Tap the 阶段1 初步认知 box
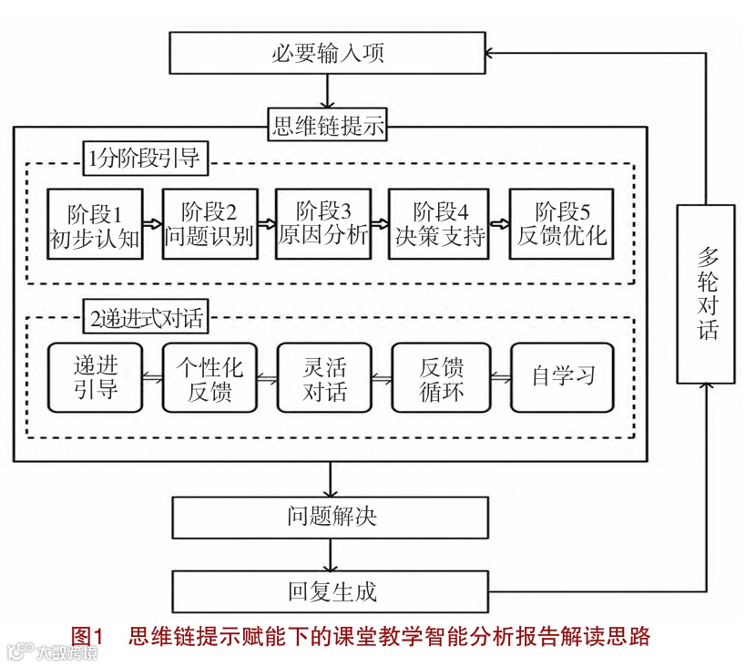(x=96, y=223)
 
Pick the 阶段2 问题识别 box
(x=209, y=223)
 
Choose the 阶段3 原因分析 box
(x=322, y=223)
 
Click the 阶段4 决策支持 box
(x=439, y=223)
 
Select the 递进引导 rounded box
(x=96, y=377)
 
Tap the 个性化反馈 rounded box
(x=209, y=377)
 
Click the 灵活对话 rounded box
(x=324, y=377)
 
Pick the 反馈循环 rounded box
(x=442, y=377)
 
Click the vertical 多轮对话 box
(x=707, y=292)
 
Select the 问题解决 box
(x=331, y=518)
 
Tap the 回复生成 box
(x=331, y=592)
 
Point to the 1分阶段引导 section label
(x=143, y=159)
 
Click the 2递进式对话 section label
(x=143, y=319)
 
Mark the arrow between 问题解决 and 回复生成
(x=331, y=554)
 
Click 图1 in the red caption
(x=88, y=636)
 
